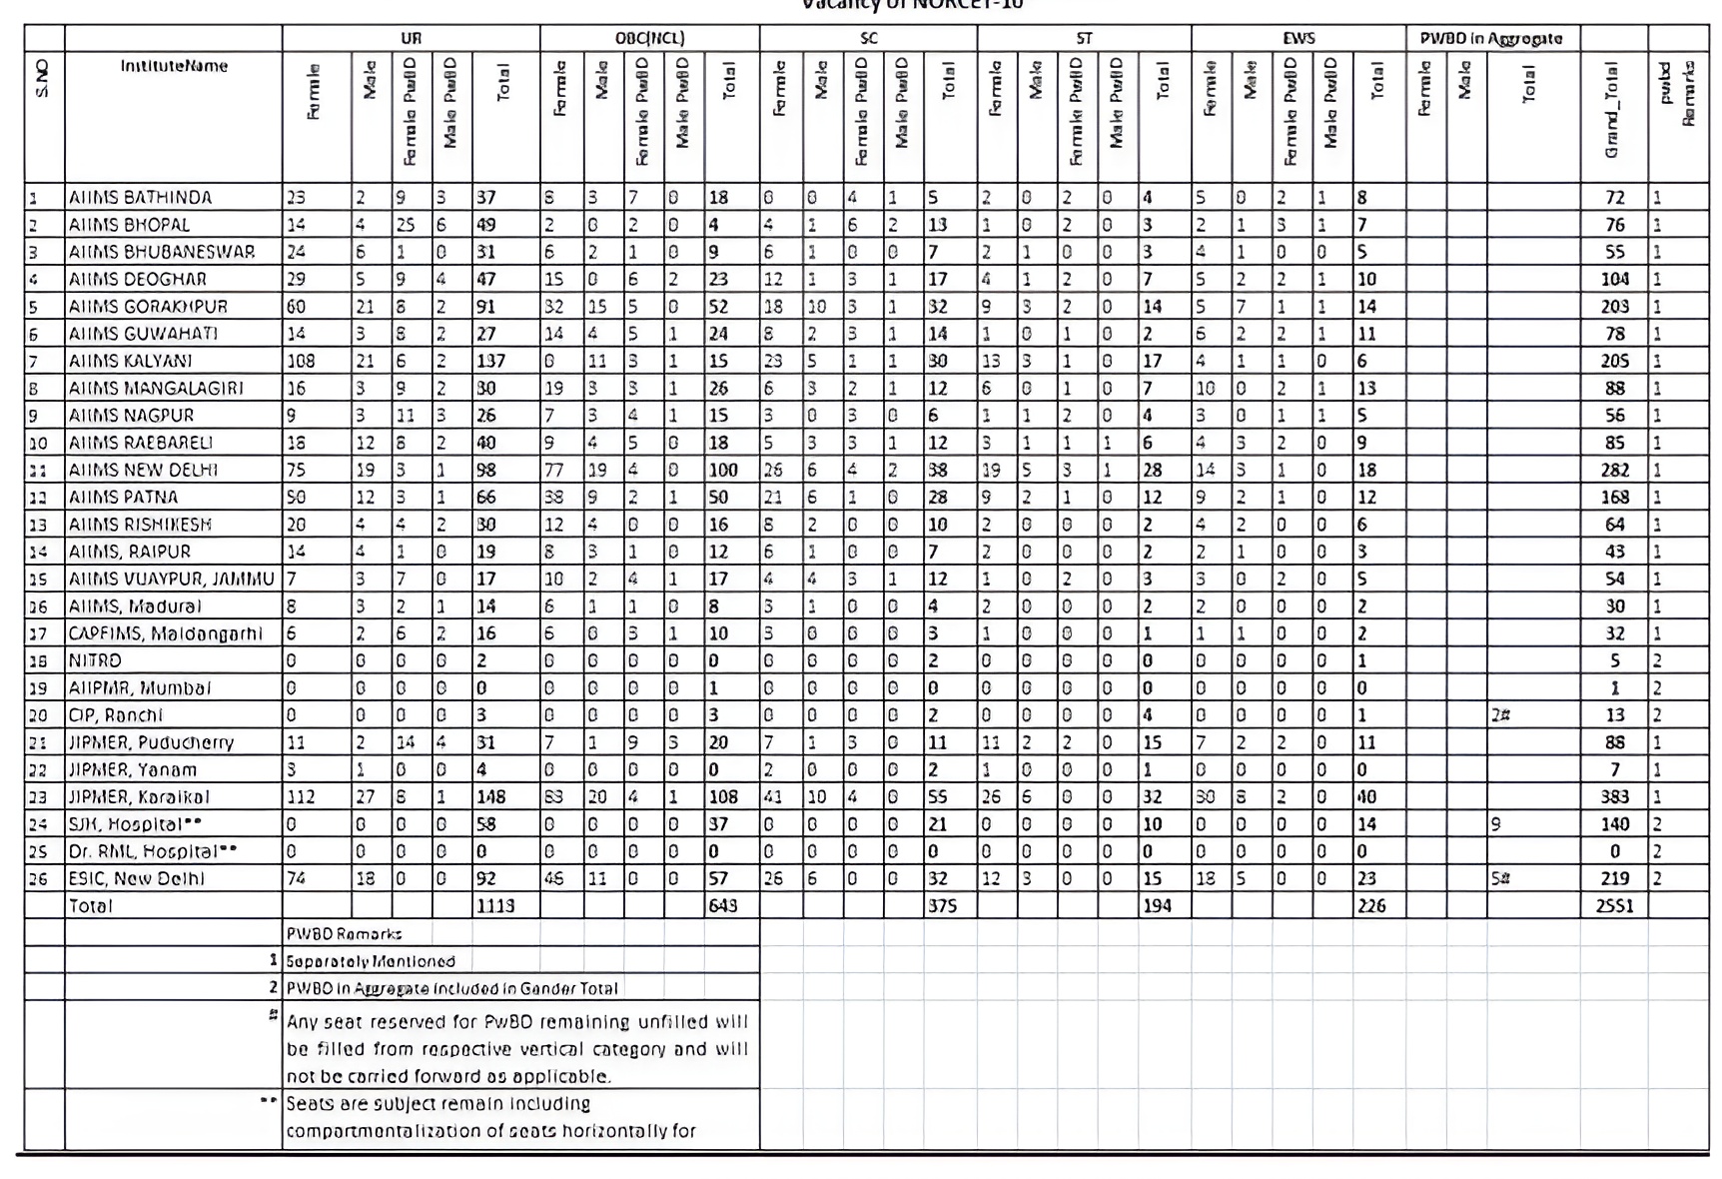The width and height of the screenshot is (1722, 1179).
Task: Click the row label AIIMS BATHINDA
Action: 140,197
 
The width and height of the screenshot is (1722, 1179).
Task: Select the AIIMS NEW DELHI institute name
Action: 143,470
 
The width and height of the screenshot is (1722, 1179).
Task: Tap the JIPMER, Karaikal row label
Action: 139,796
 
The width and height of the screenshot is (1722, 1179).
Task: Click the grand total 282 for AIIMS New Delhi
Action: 1614,470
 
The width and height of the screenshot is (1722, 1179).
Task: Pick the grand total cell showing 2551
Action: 1614,906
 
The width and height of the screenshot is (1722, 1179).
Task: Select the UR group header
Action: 411,38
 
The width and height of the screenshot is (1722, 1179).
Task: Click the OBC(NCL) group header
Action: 649,38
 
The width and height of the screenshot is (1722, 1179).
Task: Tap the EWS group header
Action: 1298,38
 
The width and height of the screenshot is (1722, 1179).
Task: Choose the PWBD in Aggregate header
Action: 1491,38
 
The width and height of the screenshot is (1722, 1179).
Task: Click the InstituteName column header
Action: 174,66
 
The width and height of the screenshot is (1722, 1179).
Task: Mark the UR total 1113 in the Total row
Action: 495,906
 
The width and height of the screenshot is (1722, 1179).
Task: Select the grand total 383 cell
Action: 1614,796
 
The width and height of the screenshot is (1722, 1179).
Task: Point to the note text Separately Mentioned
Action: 371,961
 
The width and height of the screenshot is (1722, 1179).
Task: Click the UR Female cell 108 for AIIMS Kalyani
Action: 301,361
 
